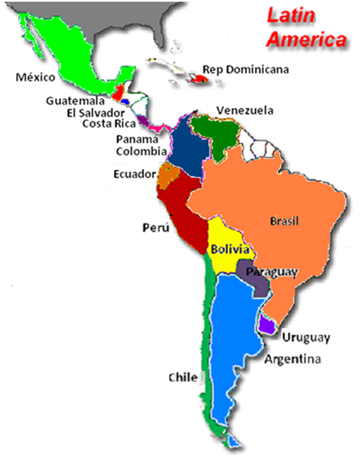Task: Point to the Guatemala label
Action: click(x=74, y=100)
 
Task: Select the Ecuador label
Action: click(x=134, y=174)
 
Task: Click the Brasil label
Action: click(x=284, y=222)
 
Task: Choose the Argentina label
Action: click(x=293, y=360)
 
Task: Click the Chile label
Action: click(x=183, y=378)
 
